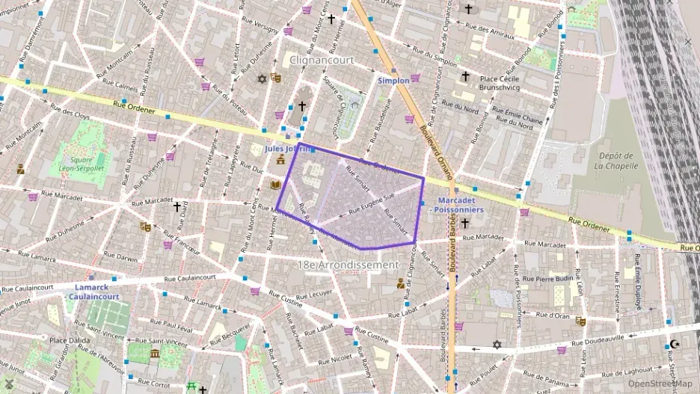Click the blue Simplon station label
click(393, 80)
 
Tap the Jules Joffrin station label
click(286, 149)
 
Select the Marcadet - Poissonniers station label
click(457, 206)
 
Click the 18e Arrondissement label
click(349, 265)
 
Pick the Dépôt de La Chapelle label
click(616, 160)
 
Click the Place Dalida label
click(70, 340)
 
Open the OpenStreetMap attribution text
click(660, 384)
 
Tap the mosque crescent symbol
click(676, 345)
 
